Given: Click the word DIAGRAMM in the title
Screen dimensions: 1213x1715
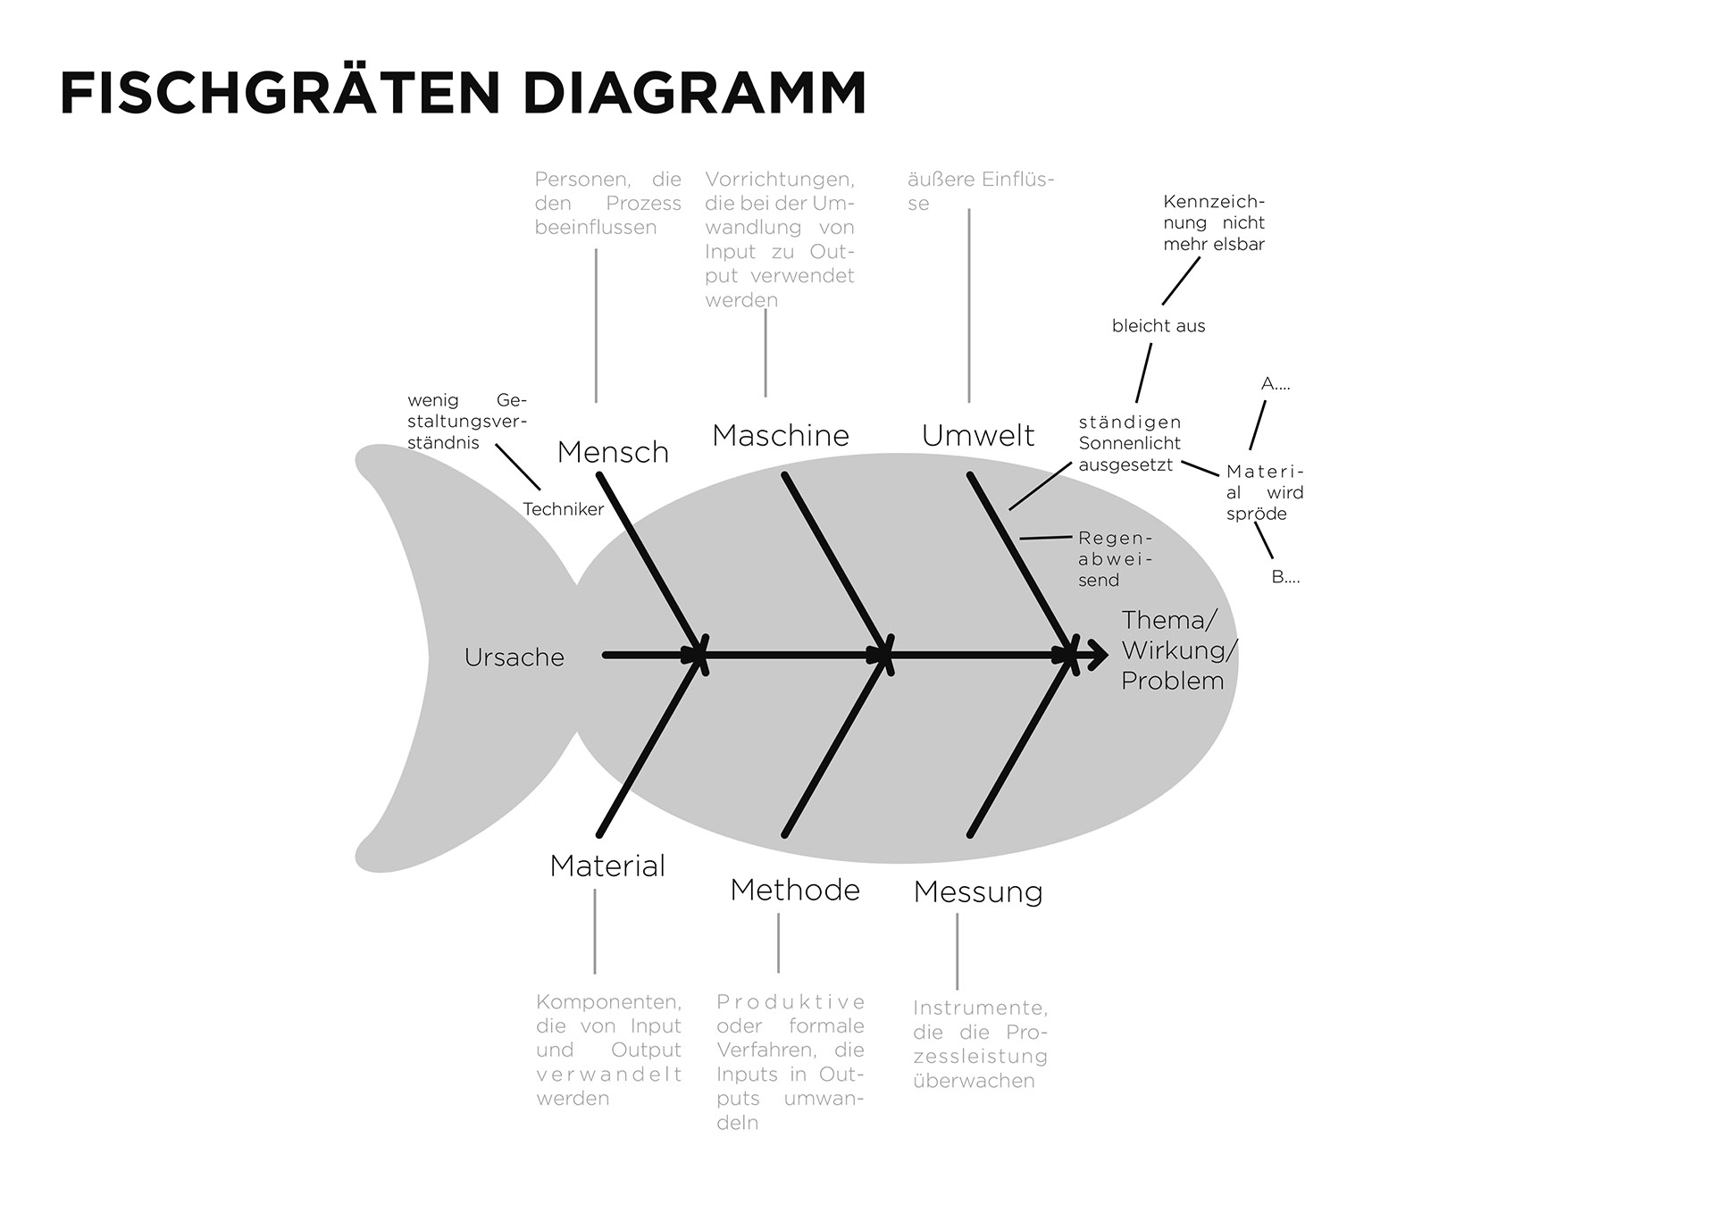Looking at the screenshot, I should point(694,93).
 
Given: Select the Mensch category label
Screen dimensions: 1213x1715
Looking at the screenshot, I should point(613,452).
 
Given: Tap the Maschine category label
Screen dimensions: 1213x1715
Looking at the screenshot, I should point(781,436).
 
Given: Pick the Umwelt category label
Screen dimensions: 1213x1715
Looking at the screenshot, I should point(978,436).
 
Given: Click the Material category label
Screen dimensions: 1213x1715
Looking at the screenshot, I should point(607,866).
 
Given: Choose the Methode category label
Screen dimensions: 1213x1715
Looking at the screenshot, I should point(795,890).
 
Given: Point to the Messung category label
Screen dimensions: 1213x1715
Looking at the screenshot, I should point(978,891).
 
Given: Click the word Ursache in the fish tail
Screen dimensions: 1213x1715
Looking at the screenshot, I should point(514,657).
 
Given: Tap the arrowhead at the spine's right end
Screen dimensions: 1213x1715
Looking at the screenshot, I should point(1097,655).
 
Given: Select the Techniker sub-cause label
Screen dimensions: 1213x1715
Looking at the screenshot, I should point(563,509).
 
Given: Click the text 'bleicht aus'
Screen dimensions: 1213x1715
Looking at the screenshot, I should point(1159,326).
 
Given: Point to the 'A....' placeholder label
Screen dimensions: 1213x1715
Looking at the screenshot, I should point(1276,384).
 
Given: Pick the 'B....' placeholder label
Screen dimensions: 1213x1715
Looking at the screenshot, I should point(1285,577).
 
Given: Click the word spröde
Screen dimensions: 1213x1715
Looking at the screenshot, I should point(1256,514).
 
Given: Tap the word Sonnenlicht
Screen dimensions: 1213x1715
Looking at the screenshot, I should point(1129,443).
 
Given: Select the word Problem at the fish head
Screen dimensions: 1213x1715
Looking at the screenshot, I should point(1172,681).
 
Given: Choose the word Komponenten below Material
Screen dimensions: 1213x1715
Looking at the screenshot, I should point(608,1002).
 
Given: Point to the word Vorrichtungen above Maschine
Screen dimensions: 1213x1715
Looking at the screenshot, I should point(779,180).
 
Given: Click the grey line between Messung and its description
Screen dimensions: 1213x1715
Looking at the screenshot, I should point(957,950).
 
